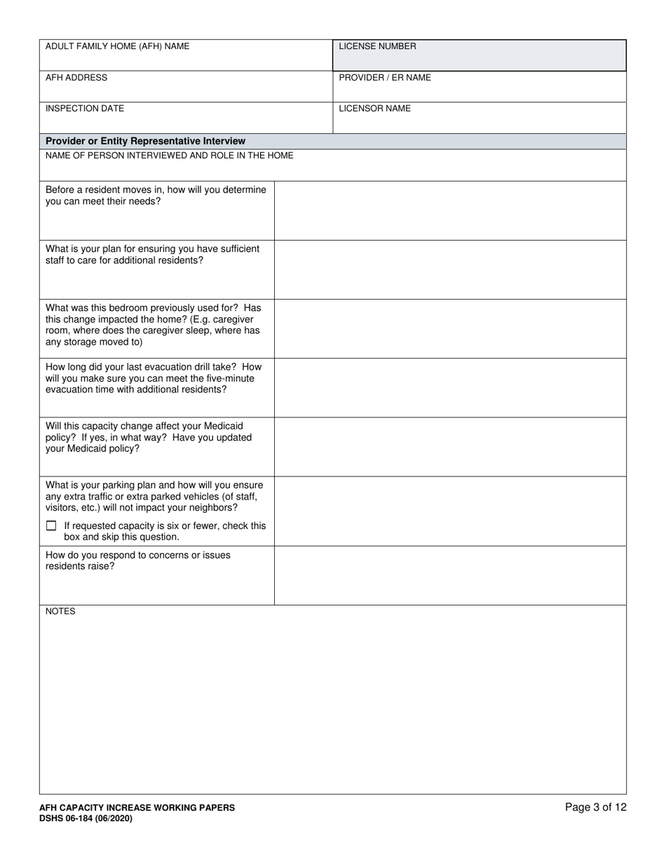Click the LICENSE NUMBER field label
(x=377, y=46)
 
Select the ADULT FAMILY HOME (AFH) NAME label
(x=117, y=46)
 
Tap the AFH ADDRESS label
(x=76, y=77)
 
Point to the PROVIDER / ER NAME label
(x=385, y=77)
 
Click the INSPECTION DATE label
(x=85, y=109)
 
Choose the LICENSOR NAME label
(x=375, y=109)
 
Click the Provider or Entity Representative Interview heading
(x=145, y=141)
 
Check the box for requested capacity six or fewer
(x=50, y=526)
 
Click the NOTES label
(x=60, y=611)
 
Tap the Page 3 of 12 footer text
(x=596, y=807)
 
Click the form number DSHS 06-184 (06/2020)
(x=86, y=818)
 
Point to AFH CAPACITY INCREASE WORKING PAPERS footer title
(x=137, y=808)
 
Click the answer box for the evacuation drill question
(x=450, y=387)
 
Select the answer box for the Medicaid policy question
(x=450, y=446)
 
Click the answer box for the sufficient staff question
(x=450, y=269)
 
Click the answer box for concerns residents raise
(x=450, y=575)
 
